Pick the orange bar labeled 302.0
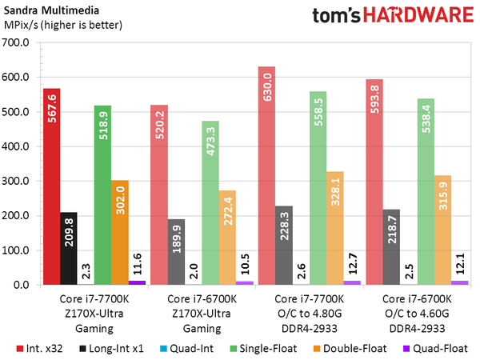click(120, 232)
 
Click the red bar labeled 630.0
click(268, 175)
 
